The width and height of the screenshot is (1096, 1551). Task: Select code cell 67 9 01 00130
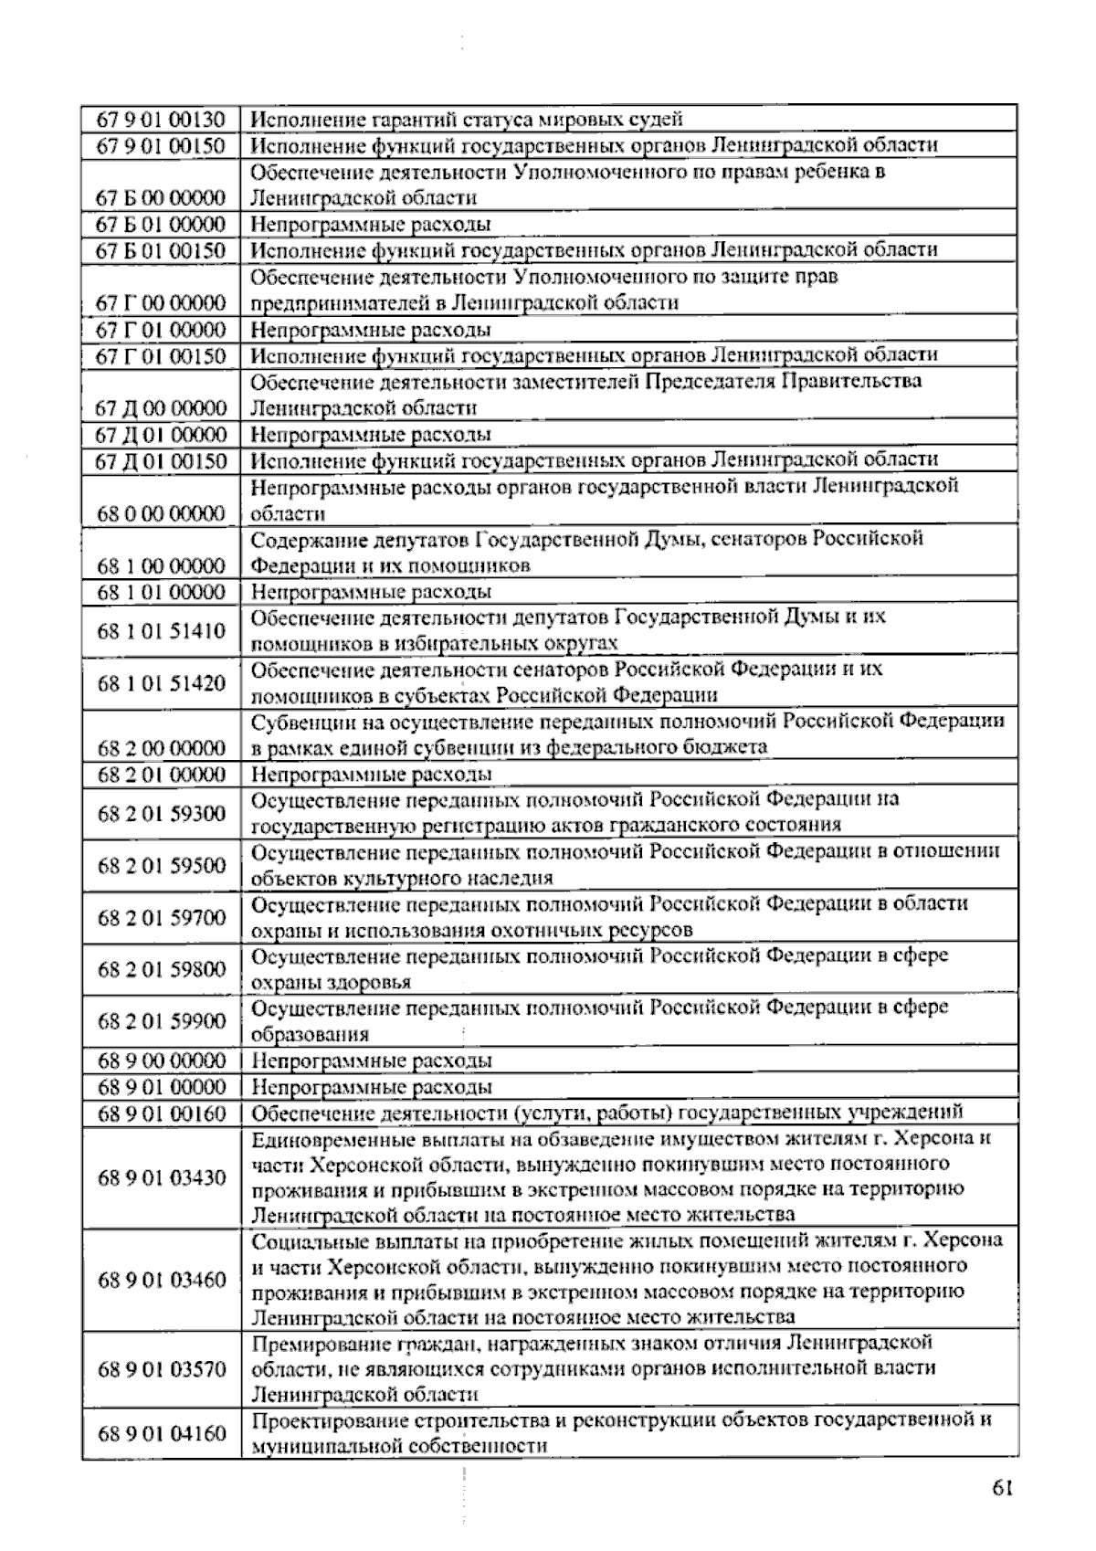tap(161, 120)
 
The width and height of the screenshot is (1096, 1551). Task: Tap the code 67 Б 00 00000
tap(161, 198)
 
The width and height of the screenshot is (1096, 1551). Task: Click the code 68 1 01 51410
tap(161, 631)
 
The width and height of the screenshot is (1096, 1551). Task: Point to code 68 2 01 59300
tap(161, 813)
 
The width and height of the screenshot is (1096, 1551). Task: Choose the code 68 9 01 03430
tap(161, 1177)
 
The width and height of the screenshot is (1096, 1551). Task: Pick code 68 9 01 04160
tap(161, 1433)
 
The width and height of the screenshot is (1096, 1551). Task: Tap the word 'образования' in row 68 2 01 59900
tap(310, 1035)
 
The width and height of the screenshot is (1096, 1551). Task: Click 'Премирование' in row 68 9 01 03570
tap(321, 1343)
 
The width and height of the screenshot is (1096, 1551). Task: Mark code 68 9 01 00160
tap(161, 1113)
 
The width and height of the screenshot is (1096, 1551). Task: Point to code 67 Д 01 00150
tap(161, 460)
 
